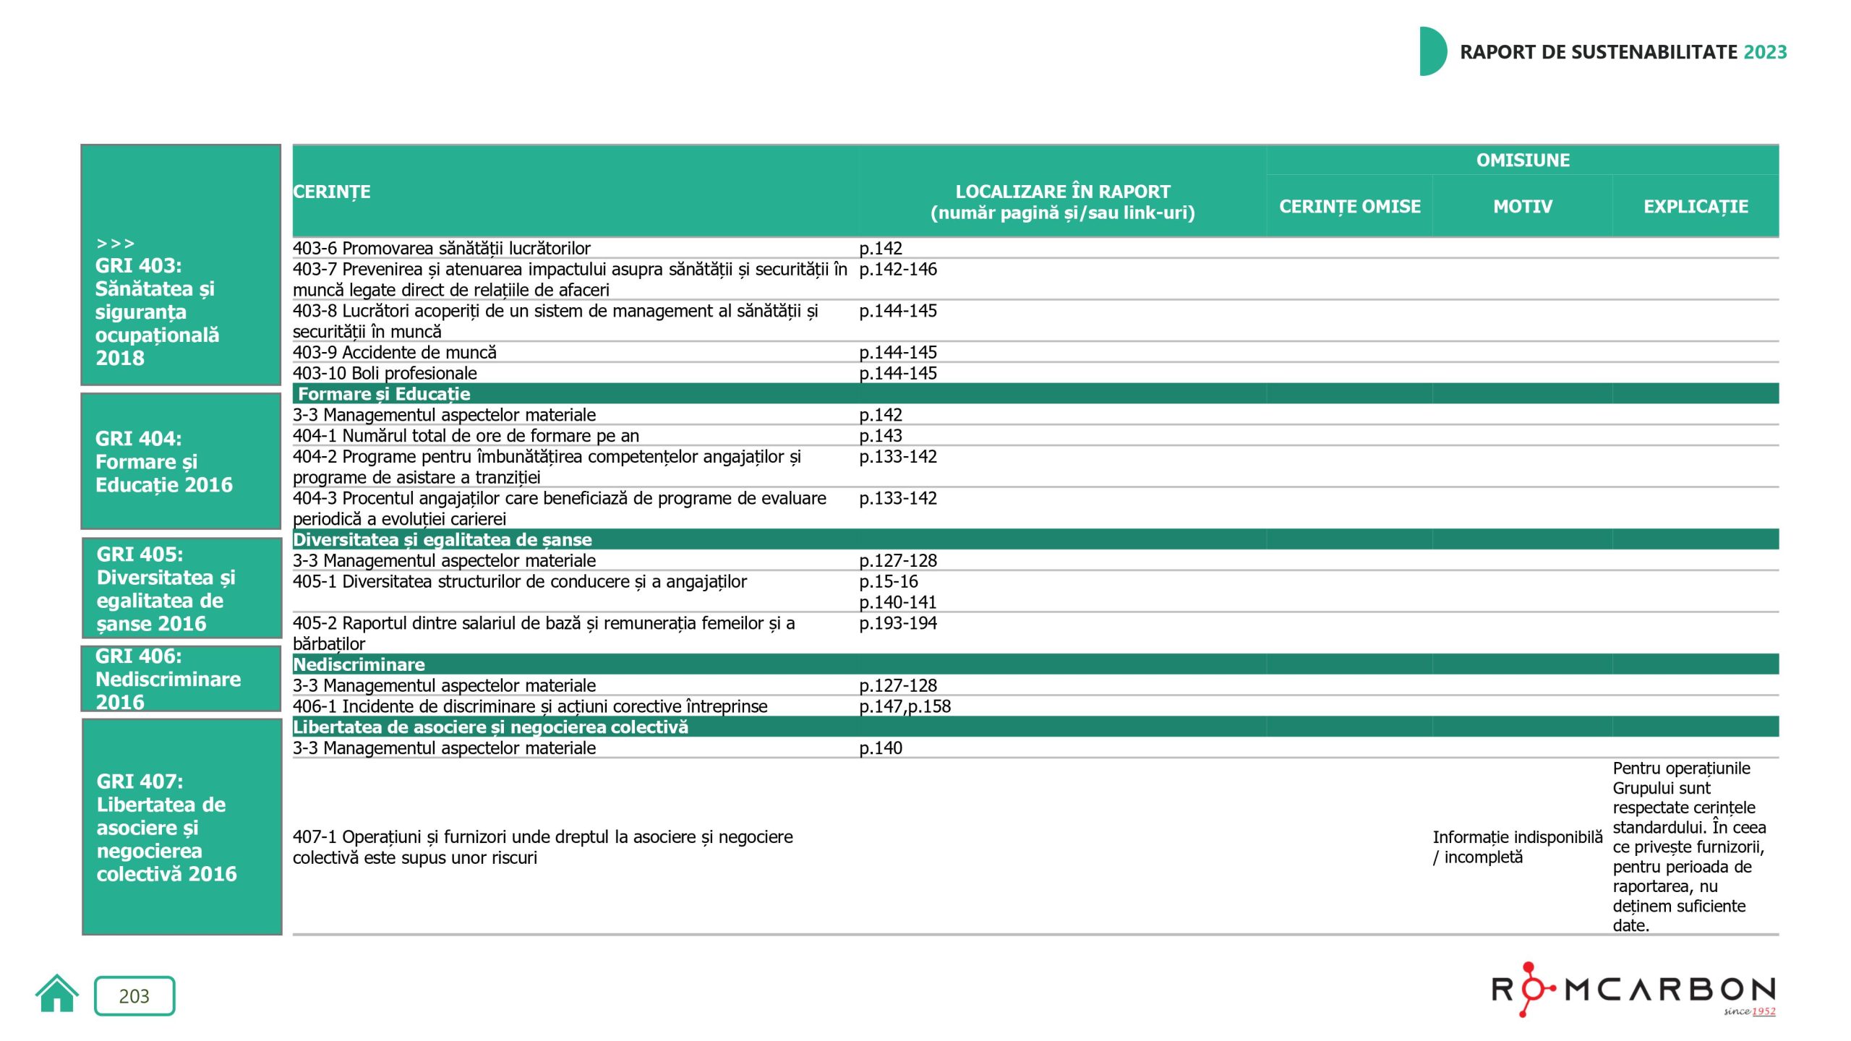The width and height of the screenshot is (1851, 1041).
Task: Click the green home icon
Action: (56, 994)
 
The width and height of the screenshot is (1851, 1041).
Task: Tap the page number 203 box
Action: (134, 995)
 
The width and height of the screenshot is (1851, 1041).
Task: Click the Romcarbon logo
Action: (1633, 990)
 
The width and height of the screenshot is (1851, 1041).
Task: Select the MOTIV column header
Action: (1522, 207)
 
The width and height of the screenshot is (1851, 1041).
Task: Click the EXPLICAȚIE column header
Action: (1696, 207)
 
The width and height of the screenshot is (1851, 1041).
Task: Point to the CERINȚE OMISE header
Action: (1349, 207)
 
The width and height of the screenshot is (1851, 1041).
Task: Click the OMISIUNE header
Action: (1522, 160)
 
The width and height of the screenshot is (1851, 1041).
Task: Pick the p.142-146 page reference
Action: (897, 270)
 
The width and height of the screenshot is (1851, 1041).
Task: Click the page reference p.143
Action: (880, 436)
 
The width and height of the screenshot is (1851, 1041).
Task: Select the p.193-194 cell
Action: (897, 623)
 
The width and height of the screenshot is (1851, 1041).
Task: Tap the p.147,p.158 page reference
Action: (905, 706)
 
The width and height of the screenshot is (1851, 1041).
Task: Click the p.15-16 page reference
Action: (888, 582)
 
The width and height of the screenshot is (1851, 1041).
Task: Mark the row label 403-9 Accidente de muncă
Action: (394, 353)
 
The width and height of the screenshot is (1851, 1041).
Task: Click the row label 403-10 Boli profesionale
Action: (385, 374)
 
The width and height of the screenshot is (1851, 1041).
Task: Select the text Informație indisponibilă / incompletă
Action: (1517, 847)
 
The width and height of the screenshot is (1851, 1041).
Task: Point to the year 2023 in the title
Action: (1765, 52)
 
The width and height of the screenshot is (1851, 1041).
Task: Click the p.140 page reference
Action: (880, 748)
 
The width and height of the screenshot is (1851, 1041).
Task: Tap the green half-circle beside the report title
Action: (1432, 51)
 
